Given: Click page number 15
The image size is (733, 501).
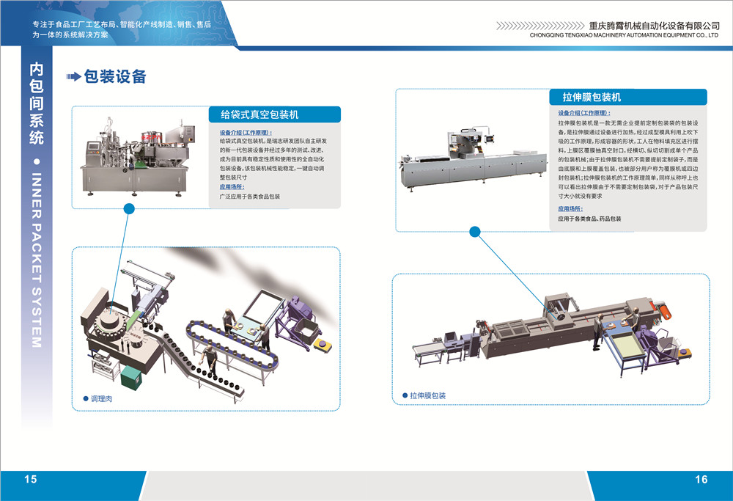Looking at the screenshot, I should point(31,480).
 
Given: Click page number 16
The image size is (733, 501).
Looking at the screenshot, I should point(701,480).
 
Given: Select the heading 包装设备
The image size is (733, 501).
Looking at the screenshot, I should point(116,77).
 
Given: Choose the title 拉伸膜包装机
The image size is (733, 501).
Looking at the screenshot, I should point(592,98).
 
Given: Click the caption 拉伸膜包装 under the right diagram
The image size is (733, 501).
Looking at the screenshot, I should point(428,395).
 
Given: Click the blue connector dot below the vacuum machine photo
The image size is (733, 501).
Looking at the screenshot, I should point(130,209).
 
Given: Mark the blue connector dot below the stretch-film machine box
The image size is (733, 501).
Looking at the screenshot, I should point(474,231).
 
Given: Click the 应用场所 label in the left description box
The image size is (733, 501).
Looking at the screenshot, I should point(235,187).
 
